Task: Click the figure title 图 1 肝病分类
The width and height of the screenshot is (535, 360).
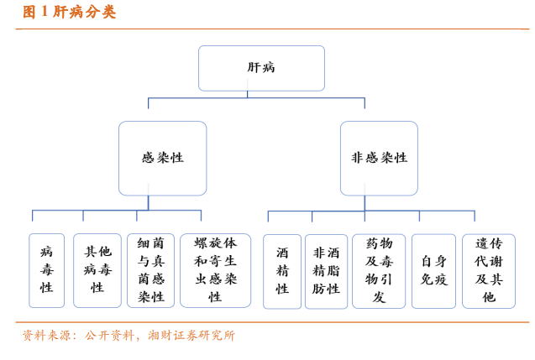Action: tap(69, 12)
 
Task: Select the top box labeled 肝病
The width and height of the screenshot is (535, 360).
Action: tap(261, 68)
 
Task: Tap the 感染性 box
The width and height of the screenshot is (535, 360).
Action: tap(162, 158)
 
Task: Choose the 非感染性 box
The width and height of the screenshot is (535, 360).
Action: tap(379, 158)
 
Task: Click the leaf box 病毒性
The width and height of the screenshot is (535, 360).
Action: tap(46, 270)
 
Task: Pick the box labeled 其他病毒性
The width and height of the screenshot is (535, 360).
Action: tap(97, 270)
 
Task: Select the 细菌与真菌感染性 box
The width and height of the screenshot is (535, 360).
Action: tap(151, 270)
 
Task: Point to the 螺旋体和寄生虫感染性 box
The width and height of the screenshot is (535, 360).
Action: tap(215, 270)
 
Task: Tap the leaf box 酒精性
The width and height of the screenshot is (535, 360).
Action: tap(282, 271)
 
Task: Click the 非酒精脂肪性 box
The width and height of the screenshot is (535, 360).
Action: tap(326, 271)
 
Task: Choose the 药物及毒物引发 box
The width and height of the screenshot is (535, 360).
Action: tap(379, 271)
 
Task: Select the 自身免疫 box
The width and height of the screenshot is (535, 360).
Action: tap(433, 271)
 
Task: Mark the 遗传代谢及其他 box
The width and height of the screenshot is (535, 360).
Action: tap(489, 271)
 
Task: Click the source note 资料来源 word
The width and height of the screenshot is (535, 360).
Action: tap(46, 336)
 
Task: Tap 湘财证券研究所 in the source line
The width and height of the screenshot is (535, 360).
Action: tap(191, 336)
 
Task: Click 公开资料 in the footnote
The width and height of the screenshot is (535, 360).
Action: tap(109, 336)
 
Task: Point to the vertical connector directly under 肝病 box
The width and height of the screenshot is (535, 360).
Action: tap(248, 95)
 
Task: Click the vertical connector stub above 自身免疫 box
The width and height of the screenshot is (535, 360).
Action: tap(419, 217)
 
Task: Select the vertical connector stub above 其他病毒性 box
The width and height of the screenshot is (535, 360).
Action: tap(83, 216)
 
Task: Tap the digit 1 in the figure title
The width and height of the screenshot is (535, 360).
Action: tap(44, 12)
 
